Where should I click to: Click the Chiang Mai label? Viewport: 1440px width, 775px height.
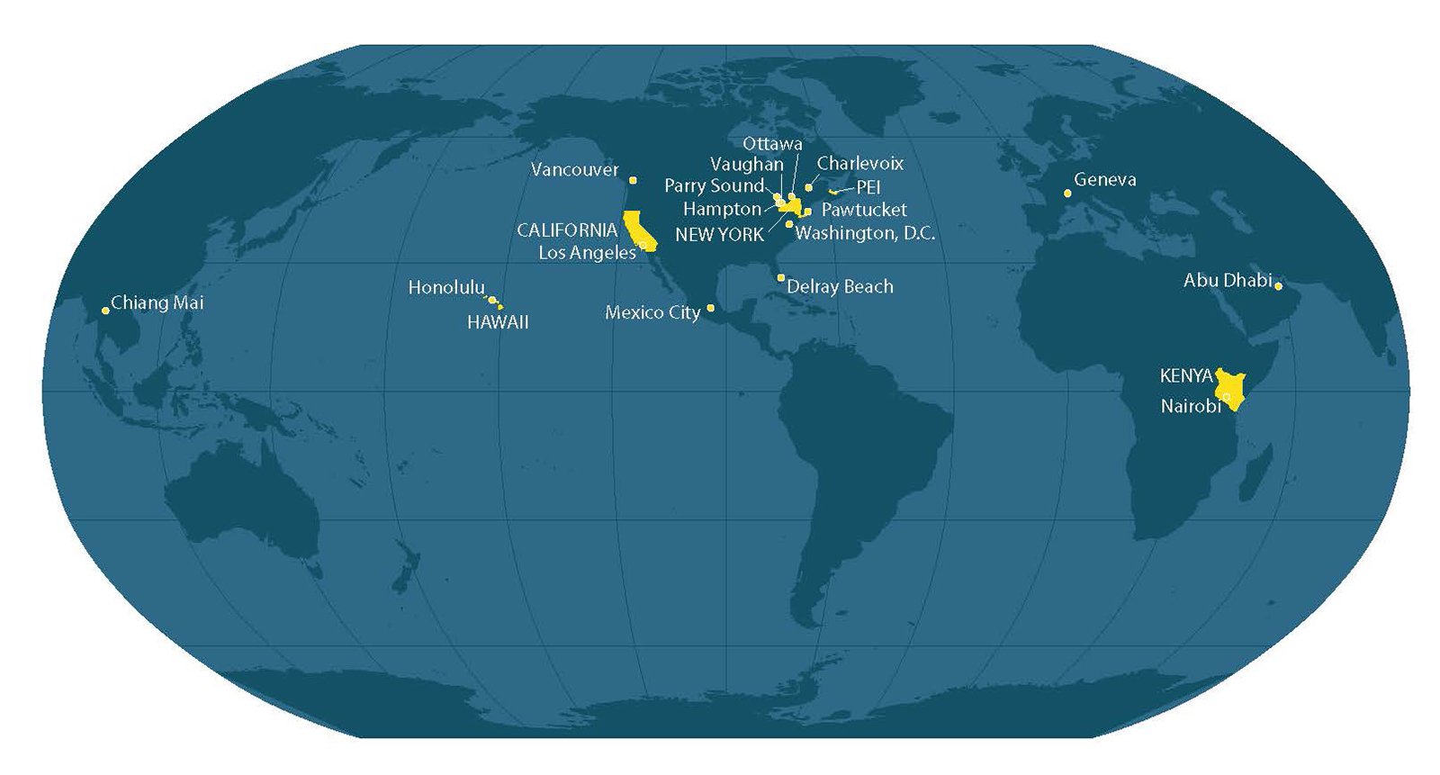point(157,302)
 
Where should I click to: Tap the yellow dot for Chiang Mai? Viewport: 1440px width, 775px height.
point(105,311)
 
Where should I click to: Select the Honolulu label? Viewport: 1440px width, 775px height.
point(446,288)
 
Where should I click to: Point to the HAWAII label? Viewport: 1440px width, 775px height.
point(498,322)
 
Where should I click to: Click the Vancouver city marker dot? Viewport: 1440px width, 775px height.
point(633,180)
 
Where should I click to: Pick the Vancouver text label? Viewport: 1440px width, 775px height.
point(575,170)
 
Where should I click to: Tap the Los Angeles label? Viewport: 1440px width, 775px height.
point(587,253)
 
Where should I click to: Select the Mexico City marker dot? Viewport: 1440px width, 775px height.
point(711,308)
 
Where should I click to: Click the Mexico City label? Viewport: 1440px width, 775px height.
point(652,313)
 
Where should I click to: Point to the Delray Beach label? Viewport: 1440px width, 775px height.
point(840,287)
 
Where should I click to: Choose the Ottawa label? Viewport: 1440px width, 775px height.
point(772,144)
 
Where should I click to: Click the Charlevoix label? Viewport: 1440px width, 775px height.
point(860,164)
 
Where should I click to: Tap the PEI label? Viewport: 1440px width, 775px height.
point(868,187)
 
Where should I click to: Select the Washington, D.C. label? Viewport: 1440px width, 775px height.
point(865,234)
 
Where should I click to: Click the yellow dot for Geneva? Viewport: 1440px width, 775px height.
point(1067,194)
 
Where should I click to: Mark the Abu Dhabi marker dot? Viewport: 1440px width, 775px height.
point(1279,286)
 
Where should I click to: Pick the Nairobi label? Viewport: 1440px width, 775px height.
point(1190,407)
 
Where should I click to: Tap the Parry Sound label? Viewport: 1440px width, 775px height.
point(714,186)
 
